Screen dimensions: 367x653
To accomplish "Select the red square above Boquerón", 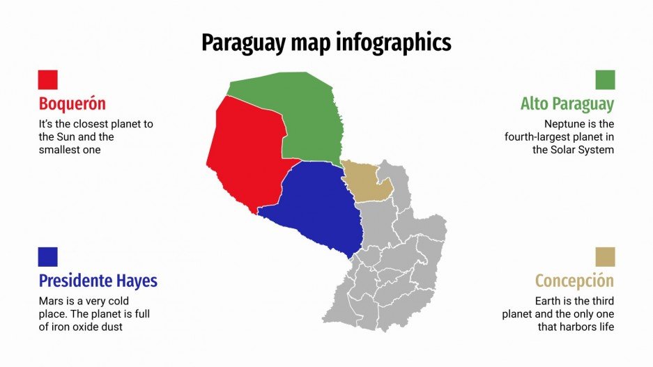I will click(48, 79).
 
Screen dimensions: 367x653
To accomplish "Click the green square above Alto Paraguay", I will click(605, 79).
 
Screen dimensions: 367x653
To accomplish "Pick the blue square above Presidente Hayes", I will click(48, 256).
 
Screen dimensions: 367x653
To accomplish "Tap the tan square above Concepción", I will click(605, 256).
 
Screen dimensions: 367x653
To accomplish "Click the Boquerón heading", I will click(72, 104).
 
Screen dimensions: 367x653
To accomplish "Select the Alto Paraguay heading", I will click(567, 104).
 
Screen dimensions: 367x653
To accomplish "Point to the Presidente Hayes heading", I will click(98, 281).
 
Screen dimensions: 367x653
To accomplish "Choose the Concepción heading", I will click(574, 281).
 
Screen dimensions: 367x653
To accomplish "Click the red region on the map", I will click(247, 157).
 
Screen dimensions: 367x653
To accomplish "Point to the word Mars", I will click(51, 302).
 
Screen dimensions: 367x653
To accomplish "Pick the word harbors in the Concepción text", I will click(575, 327).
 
